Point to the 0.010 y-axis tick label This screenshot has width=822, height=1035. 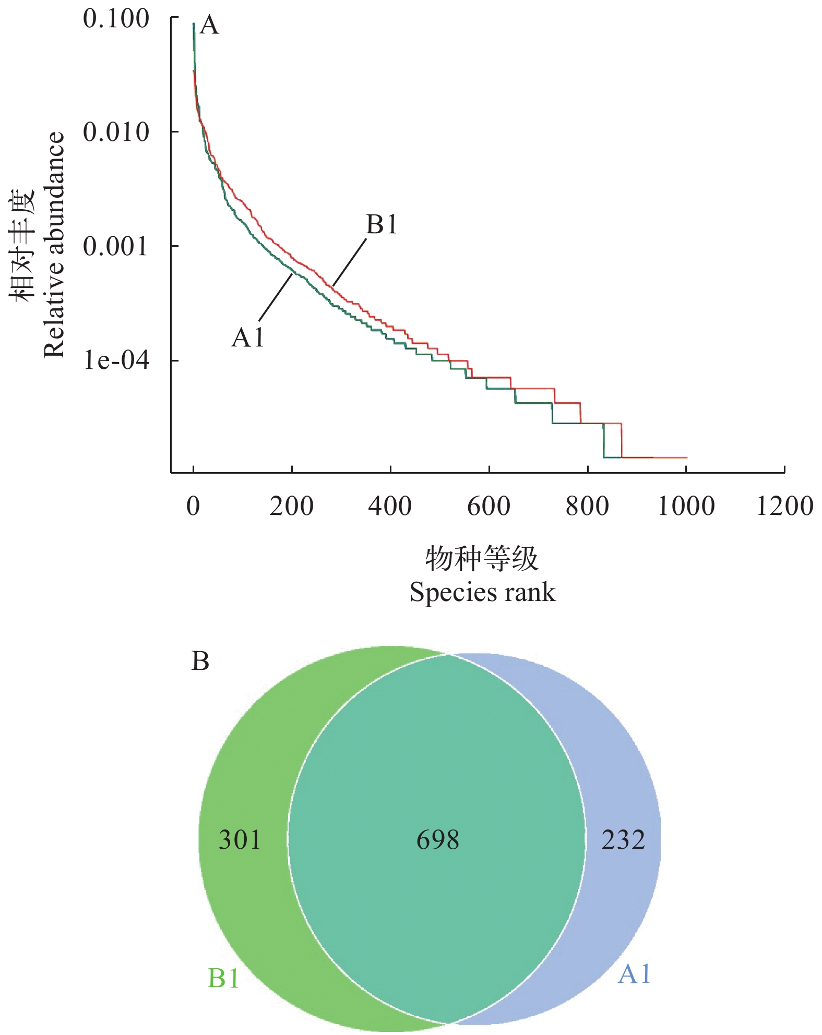point(116,132)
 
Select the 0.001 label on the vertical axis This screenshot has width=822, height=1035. point(116,246)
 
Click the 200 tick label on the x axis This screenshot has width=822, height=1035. point(291,506)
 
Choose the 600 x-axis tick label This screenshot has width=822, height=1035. point(489,506)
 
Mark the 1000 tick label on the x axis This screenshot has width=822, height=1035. point(686,506)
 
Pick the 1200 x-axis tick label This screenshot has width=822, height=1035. point(784,506)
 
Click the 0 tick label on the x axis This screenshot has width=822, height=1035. point(193,506)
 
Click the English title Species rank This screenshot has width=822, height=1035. point(482,592)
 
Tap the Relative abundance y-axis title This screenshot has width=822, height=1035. point(54,245)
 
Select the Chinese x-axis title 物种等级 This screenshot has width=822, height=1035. point(482,559)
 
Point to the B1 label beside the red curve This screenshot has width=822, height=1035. point(382,224)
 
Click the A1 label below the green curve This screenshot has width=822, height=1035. point(248,338)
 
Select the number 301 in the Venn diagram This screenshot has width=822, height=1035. point(240,840)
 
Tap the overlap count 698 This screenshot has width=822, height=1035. point(438,840)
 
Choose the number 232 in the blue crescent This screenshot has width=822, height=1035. point(623,840)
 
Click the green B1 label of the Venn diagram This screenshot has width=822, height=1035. point(223,978)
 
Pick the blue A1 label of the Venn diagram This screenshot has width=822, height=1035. point(634,974)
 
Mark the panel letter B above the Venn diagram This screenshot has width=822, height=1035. point(200,661)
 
